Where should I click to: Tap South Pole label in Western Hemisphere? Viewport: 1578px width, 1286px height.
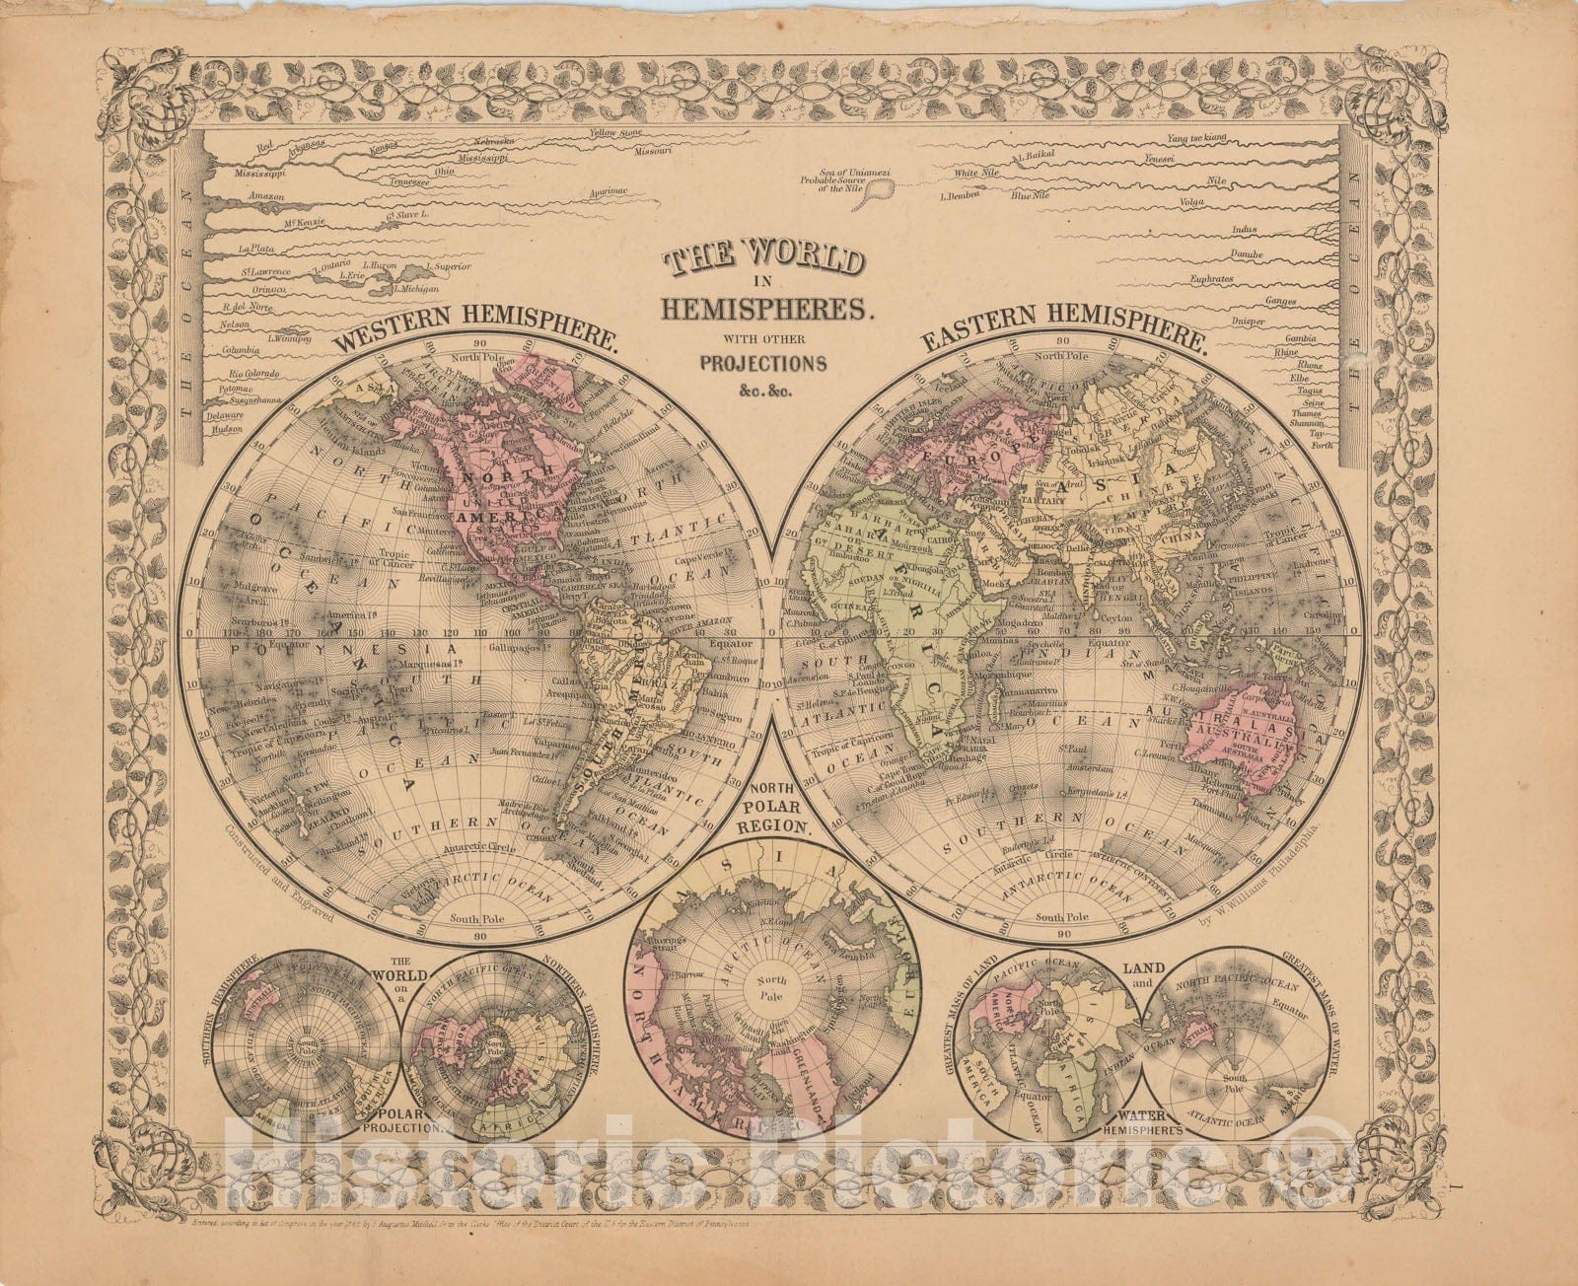click(x=477, y=918)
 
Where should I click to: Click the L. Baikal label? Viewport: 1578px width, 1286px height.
click(x=1034, y=156)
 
